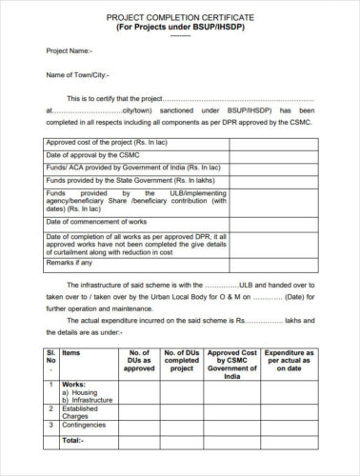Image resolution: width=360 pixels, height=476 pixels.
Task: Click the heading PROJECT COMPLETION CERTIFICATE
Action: [181, 17]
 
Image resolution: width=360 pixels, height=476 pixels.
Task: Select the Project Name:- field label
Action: [70, 50]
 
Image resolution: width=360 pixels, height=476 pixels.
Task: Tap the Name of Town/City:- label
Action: [78, 74]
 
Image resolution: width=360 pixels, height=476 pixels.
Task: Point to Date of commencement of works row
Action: [100, 220]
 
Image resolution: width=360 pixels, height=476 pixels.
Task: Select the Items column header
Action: [71, 352]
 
